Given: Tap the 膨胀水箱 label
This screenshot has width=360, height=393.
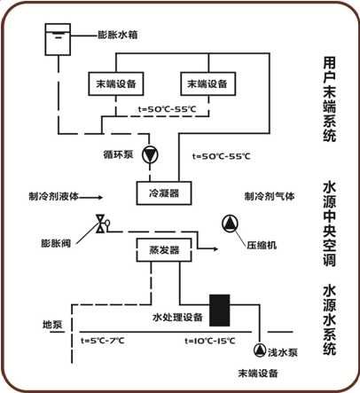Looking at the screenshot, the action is (x=118, y=35).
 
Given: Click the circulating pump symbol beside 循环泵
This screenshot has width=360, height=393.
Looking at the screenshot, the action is (x=150, y=154).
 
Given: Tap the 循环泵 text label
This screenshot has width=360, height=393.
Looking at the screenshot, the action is (x=118, y=154).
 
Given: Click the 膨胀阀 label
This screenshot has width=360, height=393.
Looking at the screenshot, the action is (x=56, y=243).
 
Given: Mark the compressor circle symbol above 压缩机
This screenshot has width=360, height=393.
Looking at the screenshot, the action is (x=230, y=224).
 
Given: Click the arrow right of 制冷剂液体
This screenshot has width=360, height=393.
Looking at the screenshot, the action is (x=91, y=196).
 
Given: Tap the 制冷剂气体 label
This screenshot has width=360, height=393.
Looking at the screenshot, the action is (x=270, y=196).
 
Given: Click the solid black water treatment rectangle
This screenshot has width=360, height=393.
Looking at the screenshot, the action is (x=220, y=310).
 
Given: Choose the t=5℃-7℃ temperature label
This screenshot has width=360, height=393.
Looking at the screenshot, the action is (x=103, y=341).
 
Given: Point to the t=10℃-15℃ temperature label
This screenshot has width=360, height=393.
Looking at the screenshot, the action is (x=210, y=341).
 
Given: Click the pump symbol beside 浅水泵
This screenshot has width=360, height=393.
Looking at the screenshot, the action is (x=260, y=350).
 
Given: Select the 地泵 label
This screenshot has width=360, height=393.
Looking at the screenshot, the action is (x=52, y=324).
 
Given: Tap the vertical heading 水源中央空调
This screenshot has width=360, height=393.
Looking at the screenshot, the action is (x=329, y=224).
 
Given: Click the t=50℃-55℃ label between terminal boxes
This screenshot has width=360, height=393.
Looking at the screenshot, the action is (x=167, y=109).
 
